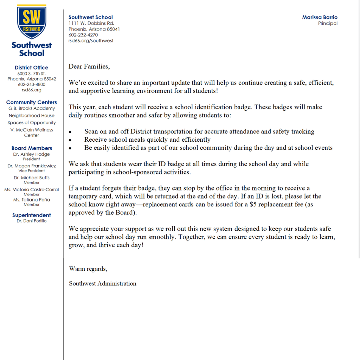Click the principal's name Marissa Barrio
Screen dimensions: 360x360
click(320, 17)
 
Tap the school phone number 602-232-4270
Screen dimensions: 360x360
click(83, 35)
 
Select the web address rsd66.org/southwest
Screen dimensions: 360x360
click(91, 40)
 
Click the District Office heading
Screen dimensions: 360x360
click(32, 67)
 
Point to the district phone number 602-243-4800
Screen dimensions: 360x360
click(32, 84)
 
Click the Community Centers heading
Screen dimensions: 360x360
click(32, 102)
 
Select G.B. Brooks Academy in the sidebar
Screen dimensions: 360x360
click(32, 108)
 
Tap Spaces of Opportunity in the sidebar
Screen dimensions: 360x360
click(32, 123)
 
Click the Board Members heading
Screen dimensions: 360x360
click(32, 148)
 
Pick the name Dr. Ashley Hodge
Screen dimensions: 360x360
click(32, 154)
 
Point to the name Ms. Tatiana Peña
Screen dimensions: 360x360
click(32, 200)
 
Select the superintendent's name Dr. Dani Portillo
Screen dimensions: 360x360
click(32, 221)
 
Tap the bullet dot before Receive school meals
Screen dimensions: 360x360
click(70, 140)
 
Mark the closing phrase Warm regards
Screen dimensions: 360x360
click(88, 269)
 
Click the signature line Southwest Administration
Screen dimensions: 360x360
click(102, 283)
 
